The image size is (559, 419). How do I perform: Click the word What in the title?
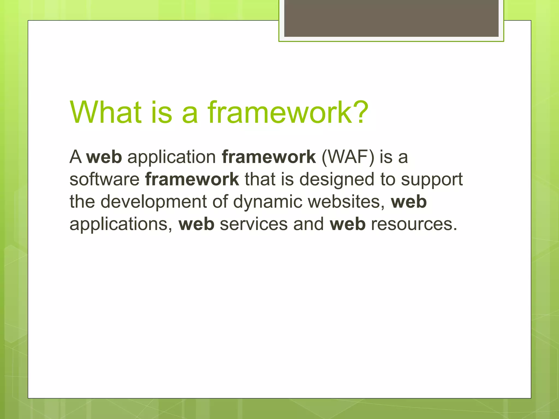click(x=106, y=112)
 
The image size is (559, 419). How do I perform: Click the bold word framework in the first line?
click(x=269, y=157)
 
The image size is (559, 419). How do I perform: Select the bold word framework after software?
click(x=192, y=179)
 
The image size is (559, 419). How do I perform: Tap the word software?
click(x=105, y=179)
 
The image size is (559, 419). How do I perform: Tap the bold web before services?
click(x=196, y=224)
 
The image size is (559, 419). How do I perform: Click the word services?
click(x=254, y=224)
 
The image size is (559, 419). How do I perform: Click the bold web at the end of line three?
click(x=409, y=202)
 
